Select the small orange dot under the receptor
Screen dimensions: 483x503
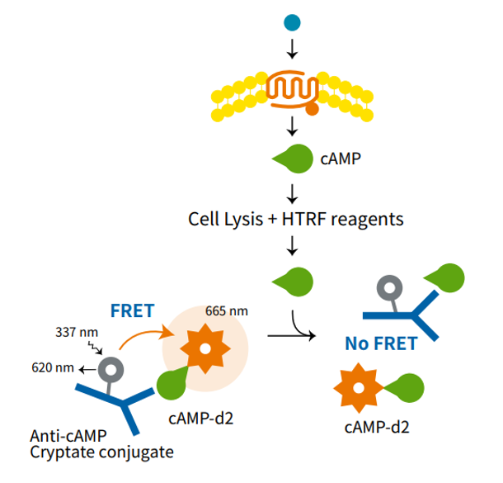click(312, 108)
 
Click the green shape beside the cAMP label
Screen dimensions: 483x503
click(289, 157)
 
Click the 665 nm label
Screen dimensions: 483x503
click(227, 311)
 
